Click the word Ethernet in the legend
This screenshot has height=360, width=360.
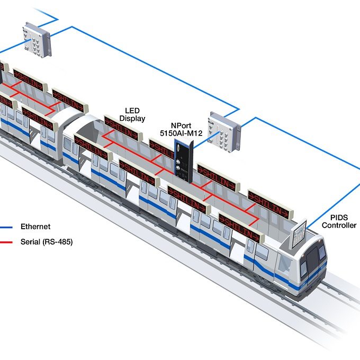35,227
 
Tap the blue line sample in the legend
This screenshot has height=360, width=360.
6,227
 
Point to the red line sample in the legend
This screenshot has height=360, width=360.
6,242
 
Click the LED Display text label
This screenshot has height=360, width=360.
132,114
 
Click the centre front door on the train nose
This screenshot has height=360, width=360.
313,263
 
